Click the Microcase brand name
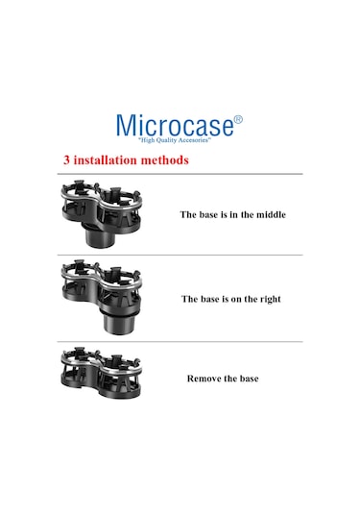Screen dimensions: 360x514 tap(176, 125)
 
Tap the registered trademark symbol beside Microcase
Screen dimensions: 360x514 tap(238, 119)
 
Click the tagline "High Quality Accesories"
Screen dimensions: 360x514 tap(175, 140)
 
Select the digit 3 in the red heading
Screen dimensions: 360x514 tap(67, 160)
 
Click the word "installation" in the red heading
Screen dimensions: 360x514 tap(106, 160)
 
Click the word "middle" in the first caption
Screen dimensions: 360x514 tap(271, 214)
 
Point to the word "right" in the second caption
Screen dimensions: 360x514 tap(271, 300)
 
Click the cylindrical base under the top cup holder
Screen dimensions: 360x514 tap(98, 235)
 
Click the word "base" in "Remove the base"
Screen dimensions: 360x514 tap(249, 379)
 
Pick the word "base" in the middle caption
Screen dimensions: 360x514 tap(209, 299)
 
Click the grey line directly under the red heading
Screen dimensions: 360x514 tap(180, 174)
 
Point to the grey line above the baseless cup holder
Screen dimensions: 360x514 tap(180, 342)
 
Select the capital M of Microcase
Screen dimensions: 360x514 tap(126, 125)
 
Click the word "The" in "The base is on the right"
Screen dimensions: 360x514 tap(189, 299)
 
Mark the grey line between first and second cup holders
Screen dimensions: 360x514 tap(180, 255)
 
